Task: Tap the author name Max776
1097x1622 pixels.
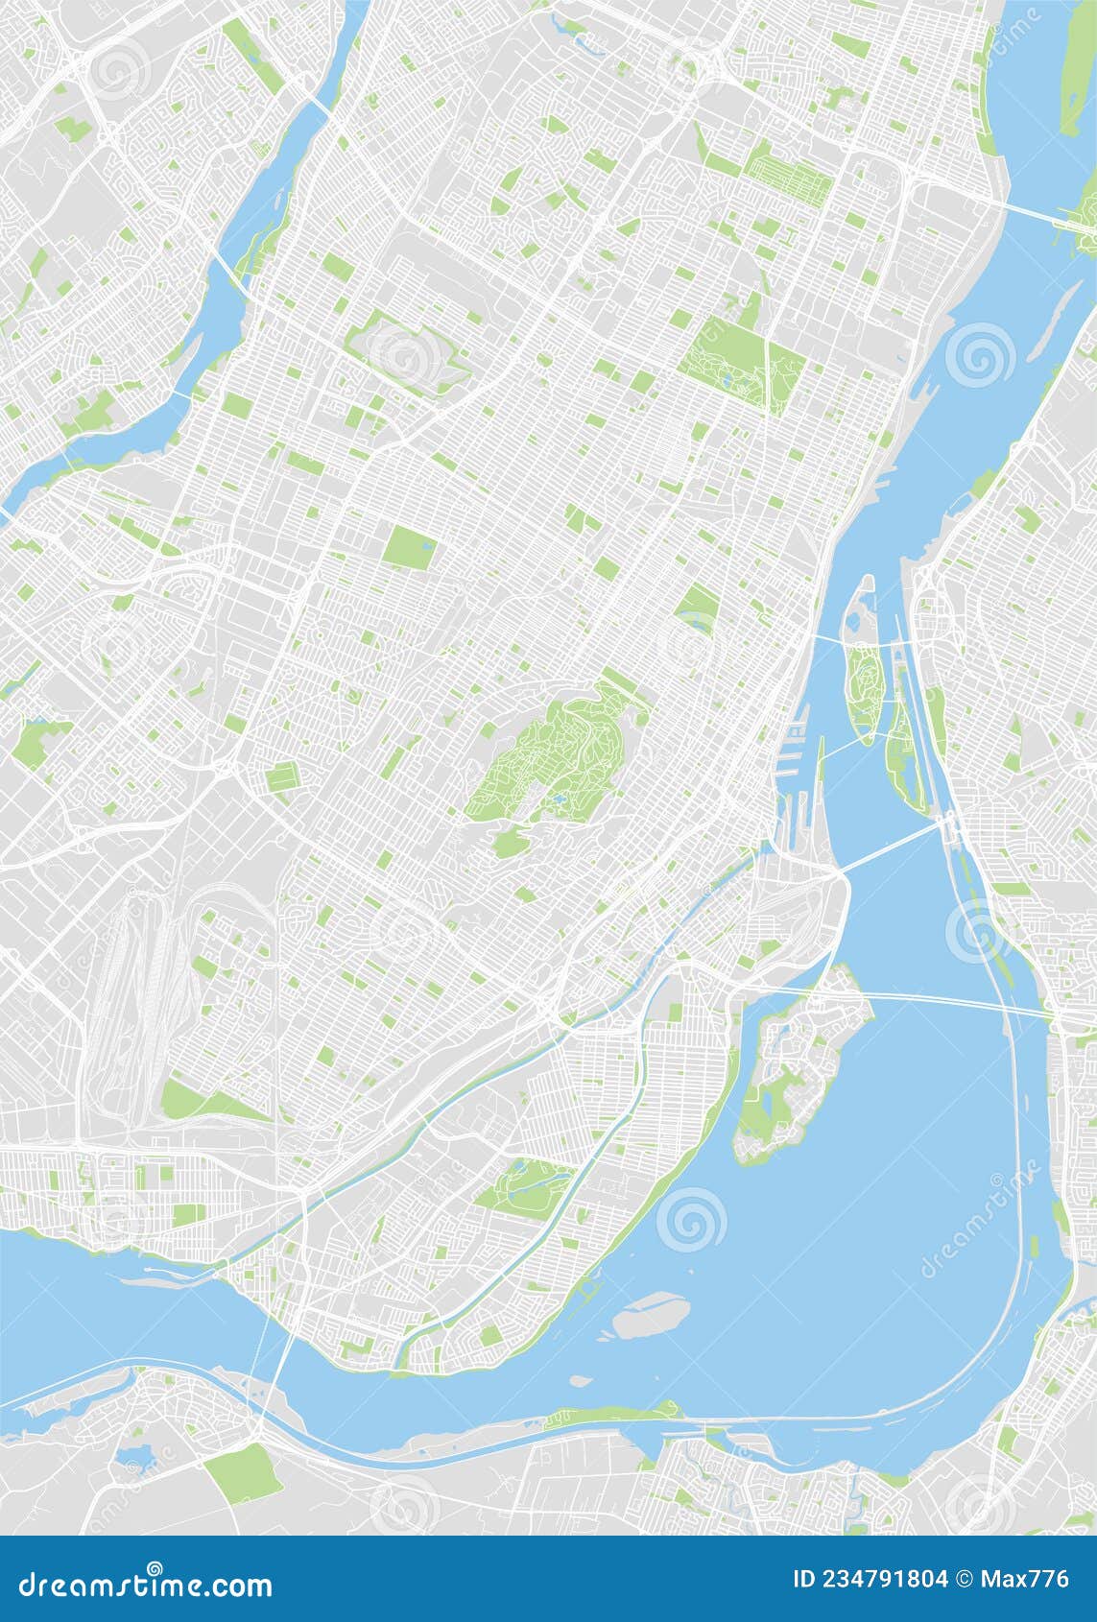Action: [x=1033, y=1578]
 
